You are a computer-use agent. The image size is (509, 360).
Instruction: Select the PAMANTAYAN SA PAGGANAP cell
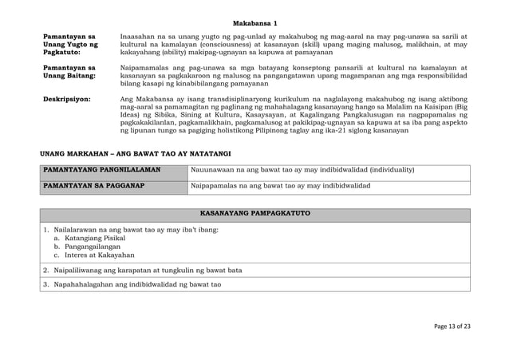[x=93, y=185]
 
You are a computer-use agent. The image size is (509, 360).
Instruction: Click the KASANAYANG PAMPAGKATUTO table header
[x=254, y=215]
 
